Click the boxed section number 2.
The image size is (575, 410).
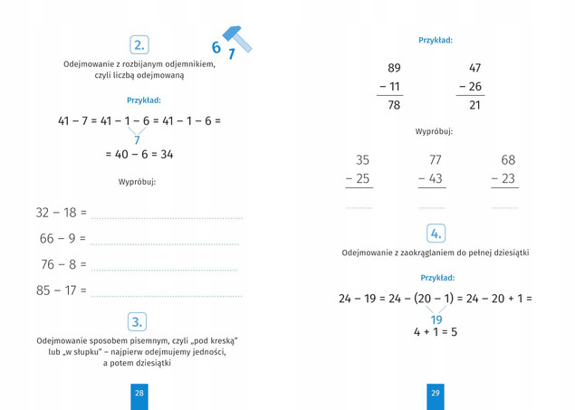click(139, 45)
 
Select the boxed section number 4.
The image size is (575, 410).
click(436, 234)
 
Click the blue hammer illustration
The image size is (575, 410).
click(239, 38)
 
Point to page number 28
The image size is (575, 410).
click(139, 393)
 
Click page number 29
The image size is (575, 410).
click(436, 393)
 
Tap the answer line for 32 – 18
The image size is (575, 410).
click(167, 217)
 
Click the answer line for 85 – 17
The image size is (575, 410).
click(167, 295)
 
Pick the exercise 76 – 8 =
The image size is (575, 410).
click(63, 265)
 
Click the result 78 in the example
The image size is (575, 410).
click(393, 106)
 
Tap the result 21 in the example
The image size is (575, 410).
click(474, 106)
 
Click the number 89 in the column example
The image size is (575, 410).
click(393, 68)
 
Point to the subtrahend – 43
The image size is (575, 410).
click(431, 179)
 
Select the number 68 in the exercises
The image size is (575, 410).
click(508, 160)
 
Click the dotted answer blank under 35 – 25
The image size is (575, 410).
click(359, 207)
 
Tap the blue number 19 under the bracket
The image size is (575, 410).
click(436, 319)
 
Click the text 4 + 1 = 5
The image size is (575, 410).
click(436, 332)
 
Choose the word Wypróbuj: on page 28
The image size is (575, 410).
click(138, 182)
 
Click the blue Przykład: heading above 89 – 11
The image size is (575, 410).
click(436, 40)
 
